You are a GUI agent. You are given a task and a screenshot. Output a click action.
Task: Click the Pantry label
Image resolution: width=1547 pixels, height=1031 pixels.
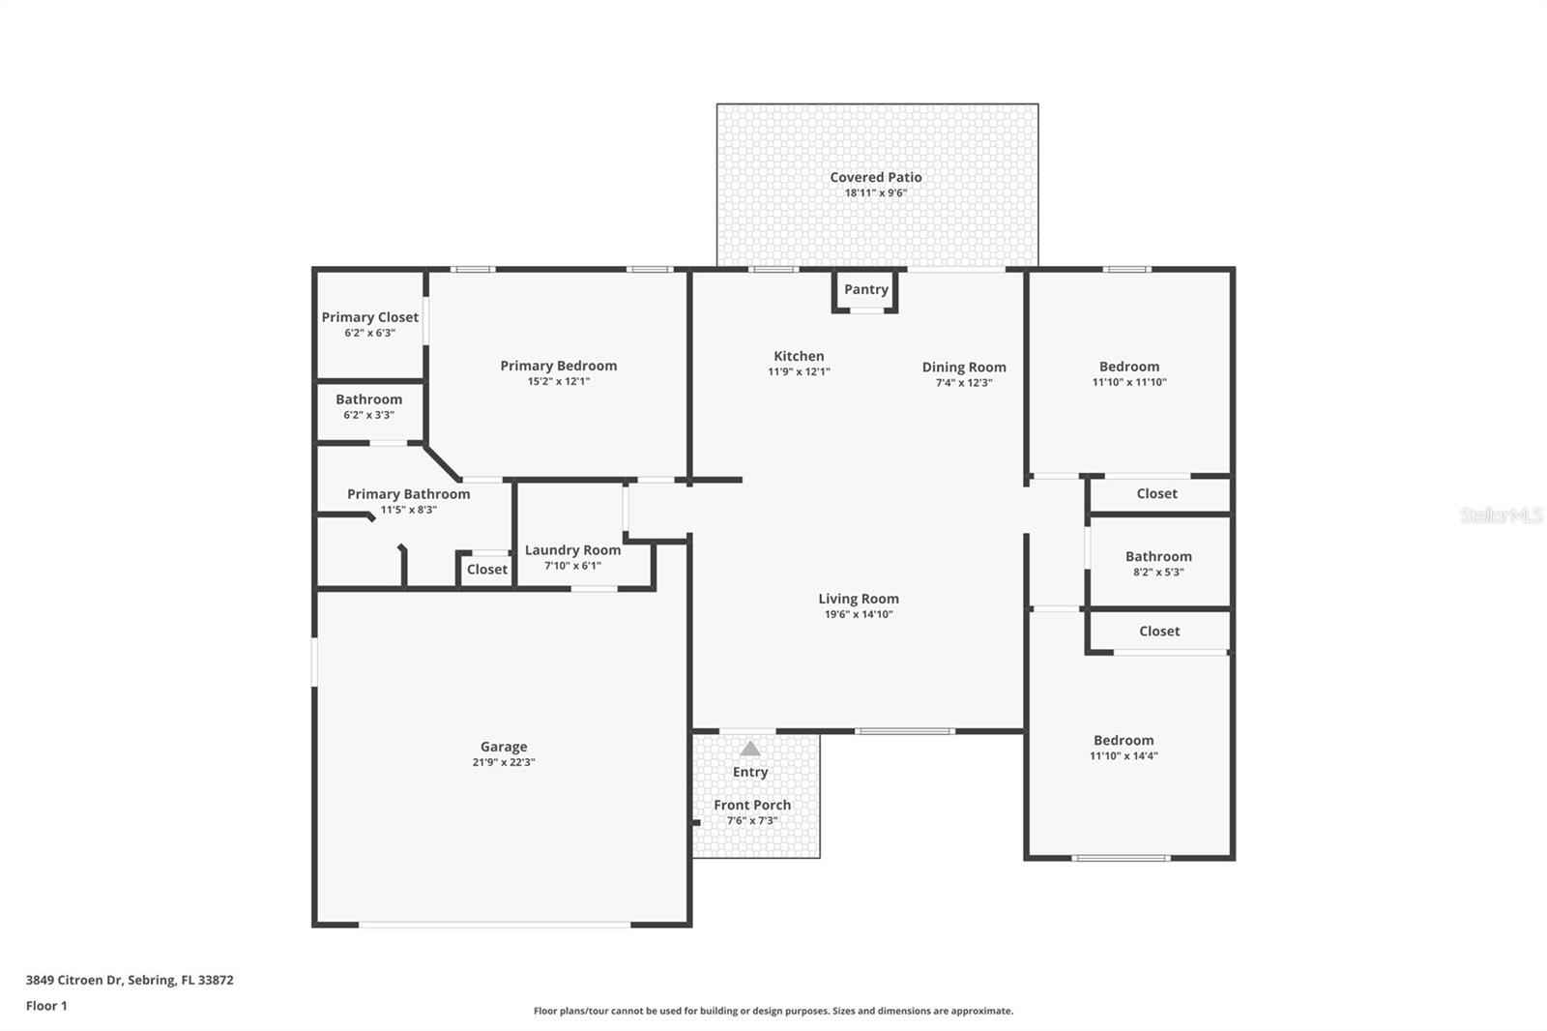click(x=865, y=289)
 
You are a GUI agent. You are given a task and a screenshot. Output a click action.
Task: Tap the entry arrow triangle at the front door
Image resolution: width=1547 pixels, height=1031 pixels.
click(x=750, y=749)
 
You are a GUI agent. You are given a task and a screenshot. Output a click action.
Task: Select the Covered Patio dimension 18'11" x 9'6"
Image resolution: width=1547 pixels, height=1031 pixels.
click(x=875, y=192)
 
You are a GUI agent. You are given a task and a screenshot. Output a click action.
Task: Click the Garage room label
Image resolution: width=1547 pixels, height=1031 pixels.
click(x=504, y=747)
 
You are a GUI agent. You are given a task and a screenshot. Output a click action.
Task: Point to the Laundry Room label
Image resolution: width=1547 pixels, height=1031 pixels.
click(x=572, y=549)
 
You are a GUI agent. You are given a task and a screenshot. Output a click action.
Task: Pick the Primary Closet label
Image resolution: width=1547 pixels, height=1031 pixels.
click(x=369, y=317)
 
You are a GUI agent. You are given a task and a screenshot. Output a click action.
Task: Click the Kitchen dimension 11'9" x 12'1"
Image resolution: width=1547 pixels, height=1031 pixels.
click(x=799, y=371)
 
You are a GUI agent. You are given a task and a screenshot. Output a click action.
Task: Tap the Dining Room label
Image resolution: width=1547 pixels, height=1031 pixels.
click(x=963, y=367)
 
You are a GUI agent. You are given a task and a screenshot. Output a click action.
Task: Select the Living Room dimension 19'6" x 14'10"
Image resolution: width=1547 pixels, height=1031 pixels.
click(x=858, y=614)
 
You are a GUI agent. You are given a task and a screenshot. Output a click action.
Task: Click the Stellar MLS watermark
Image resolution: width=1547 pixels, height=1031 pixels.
click(x=1502, y=515)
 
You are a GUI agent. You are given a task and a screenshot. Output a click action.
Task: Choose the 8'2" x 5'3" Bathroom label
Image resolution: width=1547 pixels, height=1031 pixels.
click(x=1158, y=556)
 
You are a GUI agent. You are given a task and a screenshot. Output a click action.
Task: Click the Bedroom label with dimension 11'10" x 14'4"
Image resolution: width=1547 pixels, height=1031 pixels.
click(x=1124, y=740)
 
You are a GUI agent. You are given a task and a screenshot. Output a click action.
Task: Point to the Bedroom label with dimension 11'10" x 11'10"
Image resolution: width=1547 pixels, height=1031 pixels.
click(x=1128, y=367)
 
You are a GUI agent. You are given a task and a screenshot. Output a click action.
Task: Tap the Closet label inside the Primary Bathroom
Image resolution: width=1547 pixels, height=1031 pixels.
click(x=486, y=570)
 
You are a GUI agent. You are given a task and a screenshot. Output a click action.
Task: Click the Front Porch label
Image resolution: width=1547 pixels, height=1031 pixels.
click(x=752, y=805)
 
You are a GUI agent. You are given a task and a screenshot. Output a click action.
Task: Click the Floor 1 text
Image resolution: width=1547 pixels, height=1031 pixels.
click(x=46, y=1006)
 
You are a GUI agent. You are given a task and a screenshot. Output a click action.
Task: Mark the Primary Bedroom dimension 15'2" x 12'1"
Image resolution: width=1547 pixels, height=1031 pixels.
click(x=558, y=381)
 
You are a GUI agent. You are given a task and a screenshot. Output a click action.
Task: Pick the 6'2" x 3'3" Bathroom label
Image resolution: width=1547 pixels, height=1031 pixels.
click(x=368, y=399)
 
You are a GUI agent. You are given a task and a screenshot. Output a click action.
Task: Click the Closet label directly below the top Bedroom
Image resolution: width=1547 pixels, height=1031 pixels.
click(x=1156, y=493)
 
